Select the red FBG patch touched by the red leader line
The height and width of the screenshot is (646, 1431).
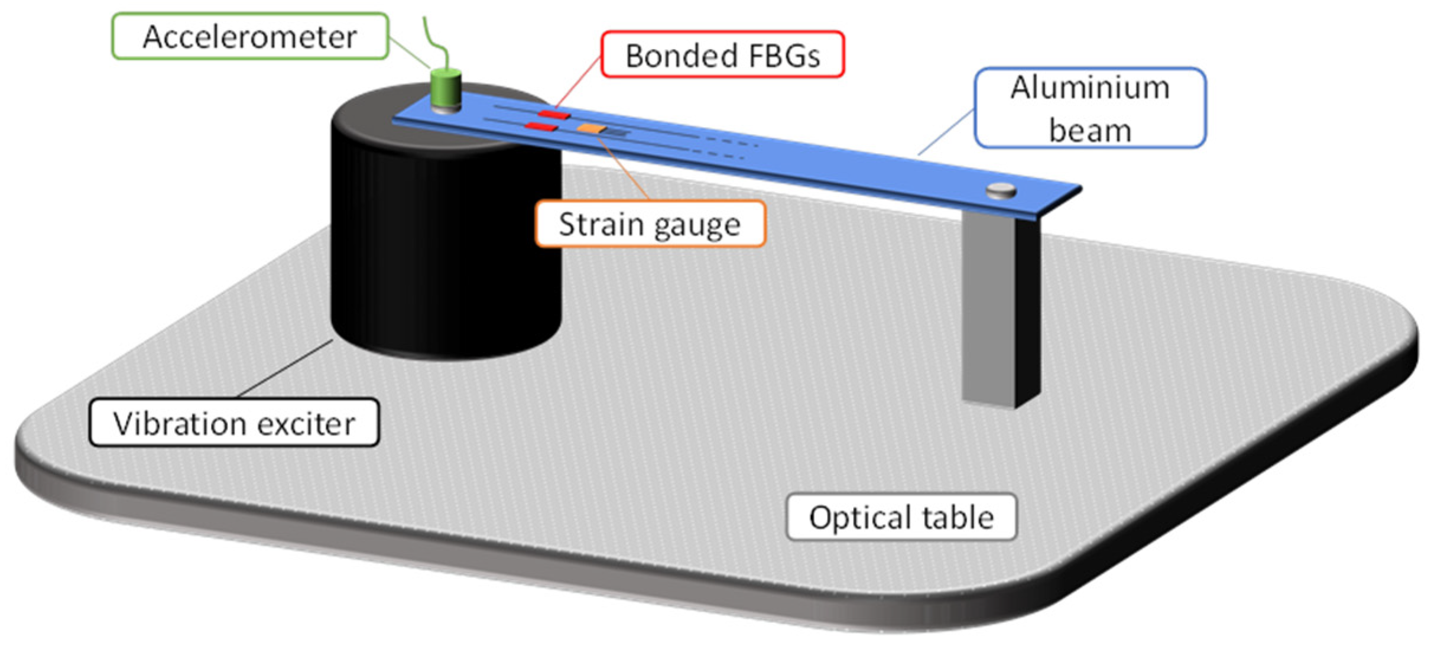click(554, 114)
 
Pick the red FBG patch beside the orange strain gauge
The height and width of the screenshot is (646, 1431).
click(541, 126)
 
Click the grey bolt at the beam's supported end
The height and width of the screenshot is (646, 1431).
click(1001, 190)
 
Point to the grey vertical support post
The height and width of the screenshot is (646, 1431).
click(999, 307)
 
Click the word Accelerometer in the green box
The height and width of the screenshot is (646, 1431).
click(249, 37)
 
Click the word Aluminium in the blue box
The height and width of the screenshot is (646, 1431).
click(1089, 87)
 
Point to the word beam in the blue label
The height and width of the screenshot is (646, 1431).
click(1089, 130)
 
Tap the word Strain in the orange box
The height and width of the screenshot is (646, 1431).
click(592, 224)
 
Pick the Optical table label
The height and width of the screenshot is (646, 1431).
click(901, 517)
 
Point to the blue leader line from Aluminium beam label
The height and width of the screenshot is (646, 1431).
click(946, 132)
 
